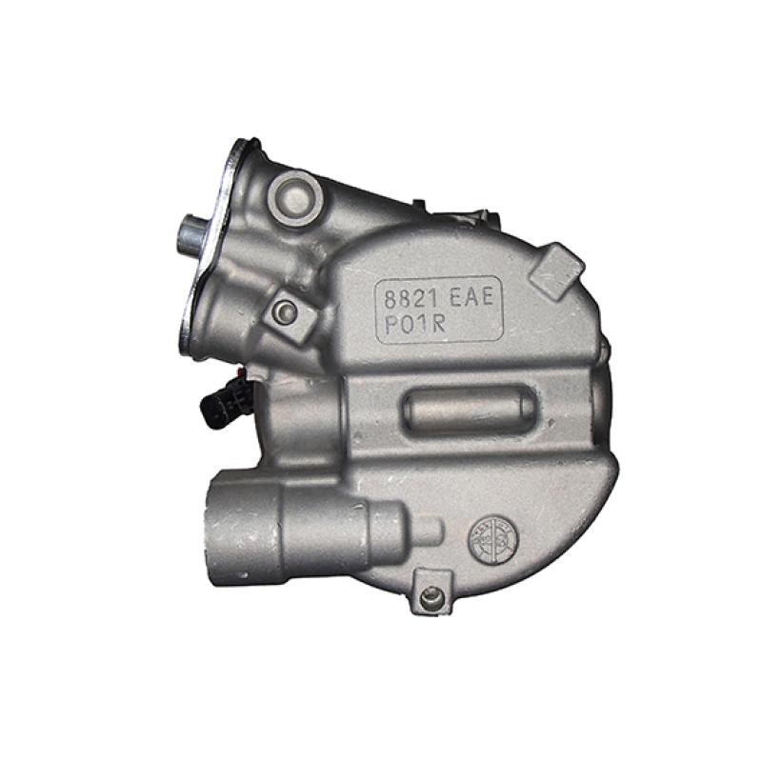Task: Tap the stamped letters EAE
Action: coord(471,297)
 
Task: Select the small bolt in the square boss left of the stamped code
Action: coord(283,311)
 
